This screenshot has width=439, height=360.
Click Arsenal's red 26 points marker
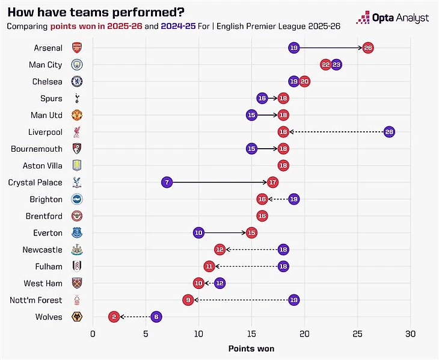pyautogui.click(x=368, y=48)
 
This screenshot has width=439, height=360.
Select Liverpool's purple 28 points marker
pyautogui.click(x=389, y=132)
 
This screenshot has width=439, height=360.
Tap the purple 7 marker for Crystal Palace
pyautogui.click(x=167, y=182)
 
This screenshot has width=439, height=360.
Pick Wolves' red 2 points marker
pyautogui.click(x=114, y=317)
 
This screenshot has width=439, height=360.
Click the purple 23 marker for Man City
pyautogui.click(x=336, y=64)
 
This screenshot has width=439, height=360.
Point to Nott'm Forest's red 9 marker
pyautogui.click(x=188, y=300)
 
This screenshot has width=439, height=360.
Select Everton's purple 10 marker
pyautogui.click(x=198, y=232)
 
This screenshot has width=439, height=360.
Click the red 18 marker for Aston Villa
pyautogui.click(x=283, y=166)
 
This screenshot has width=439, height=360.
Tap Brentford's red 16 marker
pyautogui.click(x=262, y=216)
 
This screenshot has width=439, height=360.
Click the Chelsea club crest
pyautogui.click(x=76, y=81)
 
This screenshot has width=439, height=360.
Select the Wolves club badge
pyautogui.click(x=76, y=317)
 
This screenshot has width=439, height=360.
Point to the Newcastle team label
pyautogui.click(x=42, y=249)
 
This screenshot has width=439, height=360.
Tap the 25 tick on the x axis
pyautogui.click(x=357, y=334)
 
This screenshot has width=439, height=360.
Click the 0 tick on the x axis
pyautogui.click(x=93, y=334)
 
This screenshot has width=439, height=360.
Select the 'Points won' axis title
pyautogui.click(x=251, y=349)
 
